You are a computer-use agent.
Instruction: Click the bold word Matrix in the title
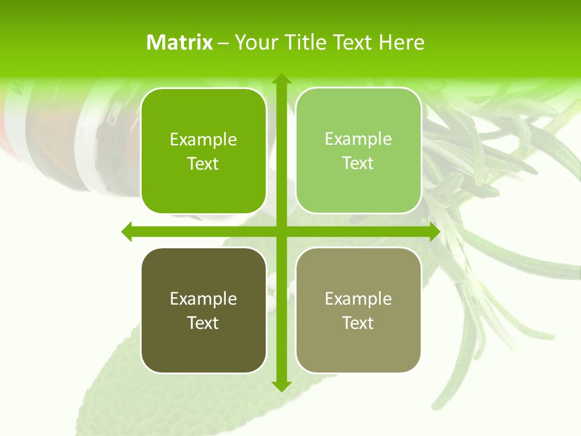click(180, 42)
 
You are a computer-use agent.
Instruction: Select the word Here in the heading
click(401, 42)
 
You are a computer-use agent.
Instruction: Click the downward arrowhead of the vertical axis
click(281, 385)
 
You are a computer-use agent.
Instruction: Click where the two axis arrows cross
click(281, 231)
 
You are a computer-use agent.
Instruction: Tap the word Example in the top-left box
click(203, 140)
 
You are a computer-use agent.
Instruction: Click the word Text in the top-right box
click(358, 163)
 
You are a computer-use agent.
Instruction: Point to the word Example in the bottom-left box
click(203, 299)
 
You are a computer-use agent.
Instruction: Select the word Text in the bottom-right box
click(358, 323)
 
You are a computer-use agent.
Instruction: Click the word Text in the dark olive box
click(203, 323)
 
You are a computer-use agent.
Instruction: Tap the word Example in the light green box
click(358, 139)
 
